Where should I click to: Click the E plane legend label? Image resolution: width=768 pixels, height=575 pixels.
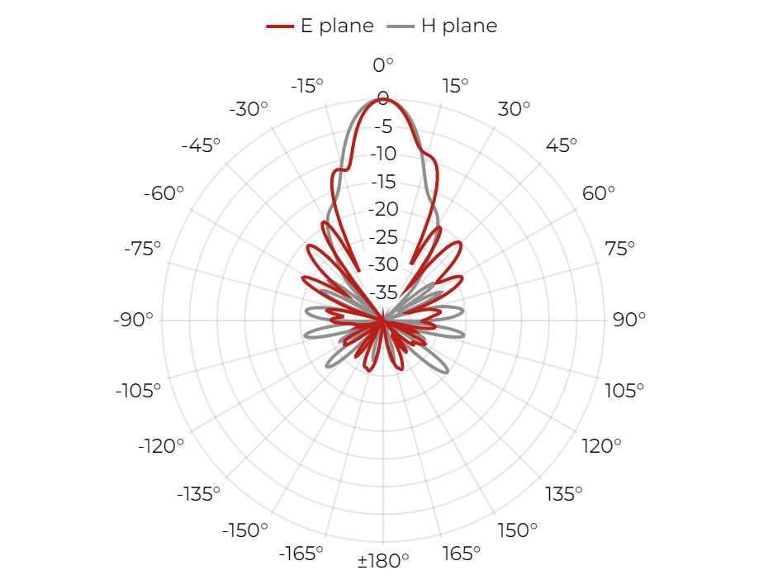click(337, 26)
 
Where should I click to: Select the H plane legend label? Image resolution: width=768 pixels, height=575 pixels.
click(459, 26)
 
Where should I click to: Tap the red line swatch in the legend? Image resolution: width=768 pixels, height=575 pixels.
click(280, 26)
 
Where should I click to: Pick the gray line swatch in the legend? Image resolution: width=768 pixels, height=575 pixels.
click(401, 26)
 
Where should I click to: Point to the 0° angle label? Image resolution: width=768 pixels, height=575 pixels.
click(383, 64)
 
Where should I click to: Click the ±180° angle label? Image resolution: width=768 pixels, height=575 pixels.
click(383, 560)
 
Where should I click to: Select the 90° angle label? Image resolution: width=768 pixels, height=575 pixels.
click(629, 320)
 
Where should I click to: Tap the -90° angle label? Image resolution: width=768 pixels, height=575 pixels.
click(133, 320)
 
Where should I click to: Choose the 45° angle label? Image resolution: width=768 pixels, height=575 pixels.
click(562, 145)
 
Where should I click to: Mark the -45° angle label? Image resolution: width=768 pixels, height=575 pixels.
click(201, 145)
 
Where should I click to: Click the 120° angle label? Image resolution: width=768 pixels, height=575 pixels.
click(601, 446)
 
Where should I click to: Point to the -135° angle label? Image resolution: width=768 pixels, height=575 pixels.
click(199, 494)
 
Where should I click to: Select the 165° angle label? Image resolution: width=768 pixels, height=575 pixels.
click(462, 554)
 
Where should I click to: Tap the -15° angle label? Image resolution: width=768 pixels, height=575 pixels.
click(307, 86)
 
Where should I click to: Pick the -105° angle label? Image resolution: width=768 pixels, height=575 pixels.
click(138, 391)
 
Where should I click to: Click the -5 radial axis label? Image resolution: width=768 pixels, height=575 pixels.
click(383, 126)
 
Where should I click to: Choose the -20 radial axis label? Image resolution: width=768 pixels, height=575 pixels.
click(383, 209)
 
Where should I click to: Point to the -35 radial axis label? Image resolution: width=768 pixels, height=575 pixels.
click(383, 292)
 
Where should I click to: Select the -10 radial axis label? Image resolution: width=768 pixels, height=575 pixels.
click(383, 154)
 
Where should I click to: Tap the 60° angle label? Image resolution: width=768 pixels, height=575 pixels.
click(599, 193)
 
